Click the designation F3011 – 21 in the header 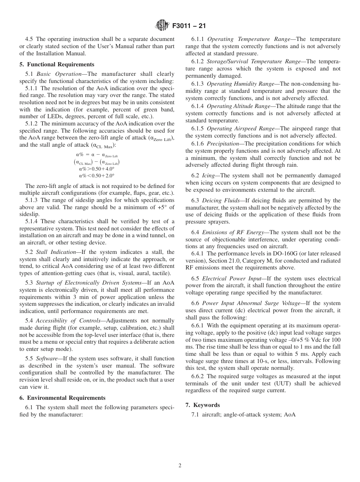click(x=189, y=26)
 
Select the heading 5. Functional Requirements click(x=57, y=64)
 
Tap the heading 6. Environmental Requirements click(x=62, y=398)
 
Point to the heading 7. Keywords click(x=202, y=405)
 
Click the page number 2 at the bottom click(x=180, y=466)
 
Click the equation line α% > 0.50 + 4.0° click(x=97, y=169)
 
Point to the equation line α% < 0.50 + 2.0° click(x=97, y=175)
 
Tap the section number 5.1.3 click(x=32, y=200)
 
